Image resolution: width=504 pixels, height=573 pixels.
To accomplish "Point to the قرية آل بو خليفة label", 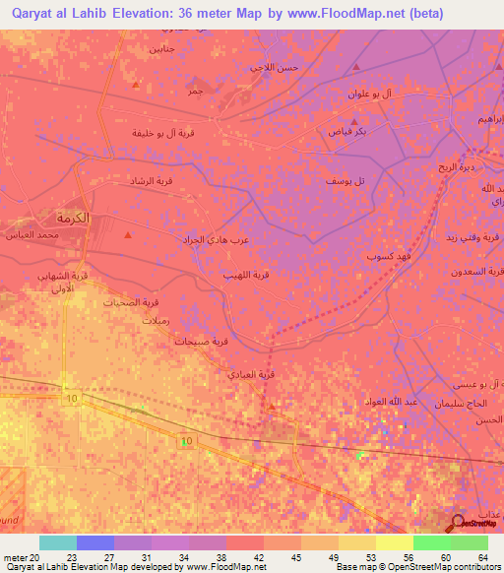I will point(157,132).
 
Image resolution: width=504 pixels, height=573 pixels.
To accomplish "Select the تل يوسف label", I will point(346,181).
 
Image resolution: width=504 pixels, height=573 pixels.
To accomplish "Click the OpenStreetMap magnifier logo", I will point(458,523).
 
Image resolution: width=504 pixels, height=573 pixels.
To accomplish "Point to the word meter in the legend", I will point(15,557).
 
